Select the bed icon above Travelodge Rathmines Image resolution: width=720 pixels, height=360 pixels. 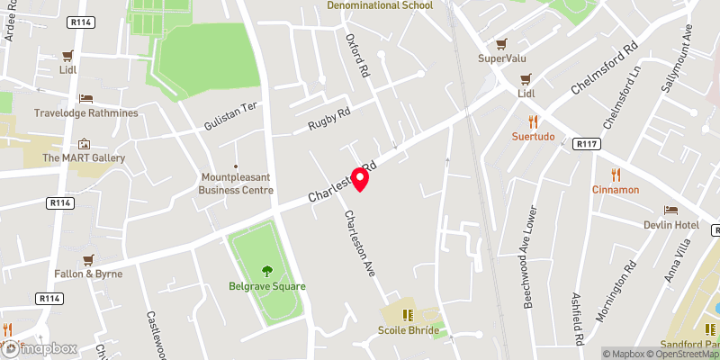85,98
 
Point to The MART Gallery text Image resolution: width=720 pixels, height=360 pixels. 84,158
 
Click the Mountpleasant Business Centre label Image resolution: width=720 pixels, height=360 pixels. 236,184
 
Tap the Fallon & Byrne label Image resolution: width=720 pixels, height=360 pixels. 88,274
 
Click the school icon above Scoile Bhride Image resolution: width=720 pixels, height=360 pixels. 408,315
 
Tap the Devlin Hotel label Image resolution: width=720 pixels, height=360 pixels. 671,224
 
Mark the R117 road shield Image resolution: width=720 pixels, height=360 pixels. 587,144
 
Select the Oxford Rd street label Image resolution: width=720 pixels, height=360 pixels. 358,55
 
